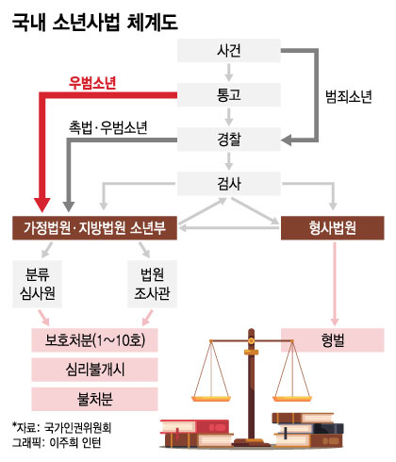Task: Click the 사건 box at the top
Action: pos(229,50)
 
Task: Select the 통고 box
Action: pos(229,94)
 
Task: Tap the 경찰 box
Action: pos(229,140)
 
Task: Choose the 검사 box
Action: pos(229,184)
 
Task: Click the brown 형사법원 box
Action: pos(332,228)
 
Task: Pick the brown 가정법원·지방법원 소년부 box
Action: pos(94,228)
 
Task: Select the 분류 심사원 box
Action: pos(37,284)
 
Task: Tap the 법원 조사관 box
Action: pos(152,284)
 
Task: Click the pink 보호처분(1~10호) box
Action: pos(94,340)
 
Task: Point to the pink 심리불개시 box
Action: pos(94,370)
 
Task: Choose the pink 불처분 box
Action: pos(94,399)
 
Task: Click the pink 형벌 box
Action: pos(332,340)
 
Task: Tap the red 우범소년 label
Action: pos(92,83)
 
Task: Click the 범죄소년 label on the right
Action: pos(349,97)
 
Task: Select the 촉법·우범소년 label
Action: pos(108,127)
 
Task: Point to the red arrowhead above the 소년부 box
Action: pos(42,205)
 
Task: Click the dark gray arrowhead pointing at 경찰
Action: pos(287,140)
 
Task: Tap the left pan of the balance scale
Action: pos(211,399)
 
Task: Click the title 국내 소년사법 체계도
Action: pos(95,23)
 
